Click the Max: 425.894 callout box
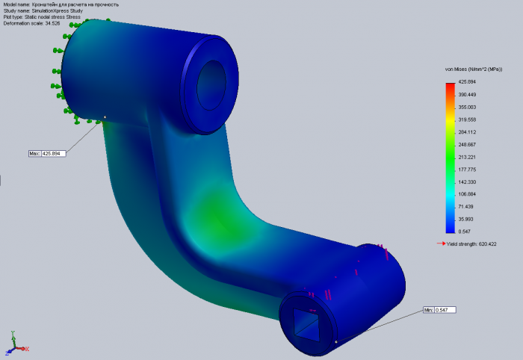click(47, 154)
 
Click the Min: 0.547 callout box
click(439, 310)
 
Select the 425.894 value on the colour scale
click(467, 82)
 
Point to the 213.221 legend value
click(467, 157)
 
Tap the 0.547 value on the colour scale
click(464, 232)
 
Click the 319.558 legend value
click(467, 120)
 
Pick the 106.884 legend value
click(467, 194)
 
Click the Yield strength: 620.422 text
click(471, 244)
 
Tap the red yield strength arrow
click(442, 243)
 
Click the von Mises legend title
click(474, 69)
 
